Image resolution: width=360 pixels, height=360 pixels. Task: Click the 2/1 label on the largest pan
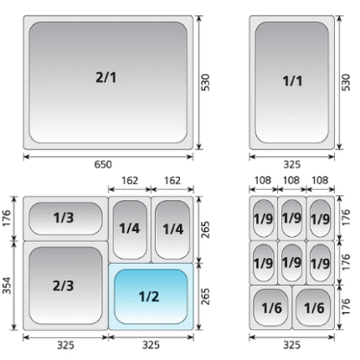105,77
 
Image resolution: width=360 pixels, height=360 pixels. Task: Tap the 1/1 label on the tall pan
292,81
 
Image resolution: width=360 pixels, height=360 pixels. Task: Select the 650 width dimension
103,165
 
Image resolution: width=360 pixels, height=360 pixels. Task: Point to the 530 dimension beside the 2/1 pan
205,82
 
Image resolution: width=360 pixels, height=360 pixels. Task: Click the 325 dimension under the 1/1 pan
292,165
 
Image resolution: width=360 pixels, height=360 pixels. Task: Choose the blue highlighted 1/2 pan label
149,296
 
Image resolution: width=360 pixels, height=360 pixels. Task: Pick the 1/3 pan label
64,218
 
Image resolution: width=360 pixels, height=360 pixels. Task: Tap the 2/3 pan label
64,285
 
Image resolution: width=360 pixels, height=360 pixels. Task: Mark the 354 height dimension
7,285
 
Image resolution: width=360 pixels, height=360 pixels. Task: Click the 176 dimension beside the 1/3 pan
7,218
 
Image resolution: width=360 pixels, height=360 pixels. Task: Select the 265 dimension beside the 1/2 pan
205,296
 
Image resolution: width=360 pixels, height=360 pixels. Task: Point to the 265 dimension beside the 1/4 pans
205,229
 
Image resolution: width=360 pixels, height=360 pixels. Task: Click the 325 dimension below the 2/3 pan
65,346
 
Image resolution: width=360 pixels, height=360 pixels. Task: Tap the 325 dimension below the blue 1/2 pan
151,346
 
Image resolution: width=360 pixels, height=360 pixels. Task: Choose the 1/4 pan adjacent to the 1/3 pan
130,229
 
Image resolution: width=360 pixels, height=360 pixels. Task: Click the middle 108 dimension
291,181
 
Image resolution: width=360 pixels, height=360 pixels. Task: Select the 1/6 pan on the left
270,307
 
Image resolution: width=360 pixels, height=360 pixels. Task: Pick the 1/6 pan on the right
313,307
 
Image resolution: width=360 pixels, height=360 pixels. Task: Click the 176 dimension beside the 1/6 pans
346,306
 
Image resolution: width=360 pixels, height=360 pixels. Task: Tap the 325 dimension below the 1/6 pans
292,346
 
